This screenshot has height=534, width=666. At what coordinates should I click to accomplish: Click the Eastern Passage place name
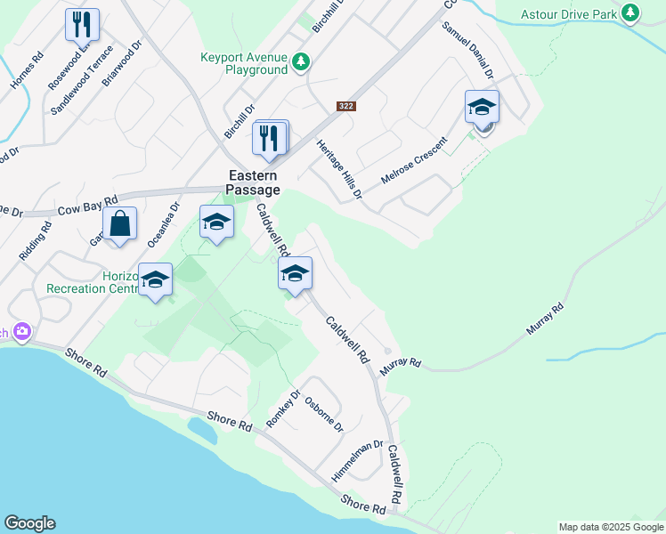coord(254,182)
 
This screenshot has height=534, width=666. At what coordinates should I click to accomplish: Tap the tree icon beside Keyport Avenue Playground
coord(302,61)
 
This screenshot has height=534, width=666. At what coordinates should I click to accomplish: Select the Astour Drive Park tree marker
coord(630,12)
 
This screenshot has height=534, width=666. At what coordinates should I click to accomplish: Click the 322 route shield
coord(346,106)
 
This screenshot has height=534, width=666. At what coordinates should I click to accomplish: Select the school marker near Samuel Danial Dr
coord(482,107)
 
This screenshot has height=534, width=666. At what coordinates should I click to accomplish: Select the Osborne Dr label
coord(324,414)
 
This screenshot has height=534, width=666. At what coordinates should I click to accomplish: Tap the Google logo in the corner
coord(29,523)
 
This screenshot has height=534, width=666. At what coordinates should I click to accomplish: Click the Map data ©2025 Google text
coord(610,527)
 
